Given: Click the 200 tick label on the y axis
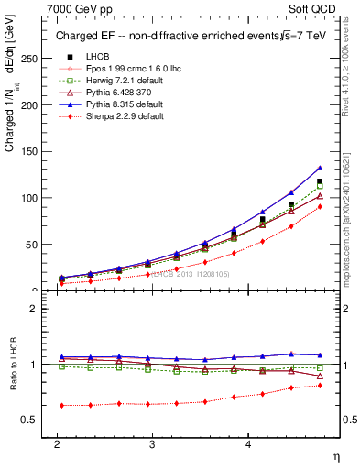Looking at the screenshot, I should coord(29,104).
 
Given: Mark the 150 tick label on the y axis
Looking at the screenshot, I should coord(29,151).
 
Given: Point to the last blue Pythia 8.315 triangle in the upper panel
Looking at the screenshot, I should coord(320,168).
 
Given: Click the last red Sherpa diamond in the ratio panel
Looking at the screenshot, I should coord(320,385).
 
